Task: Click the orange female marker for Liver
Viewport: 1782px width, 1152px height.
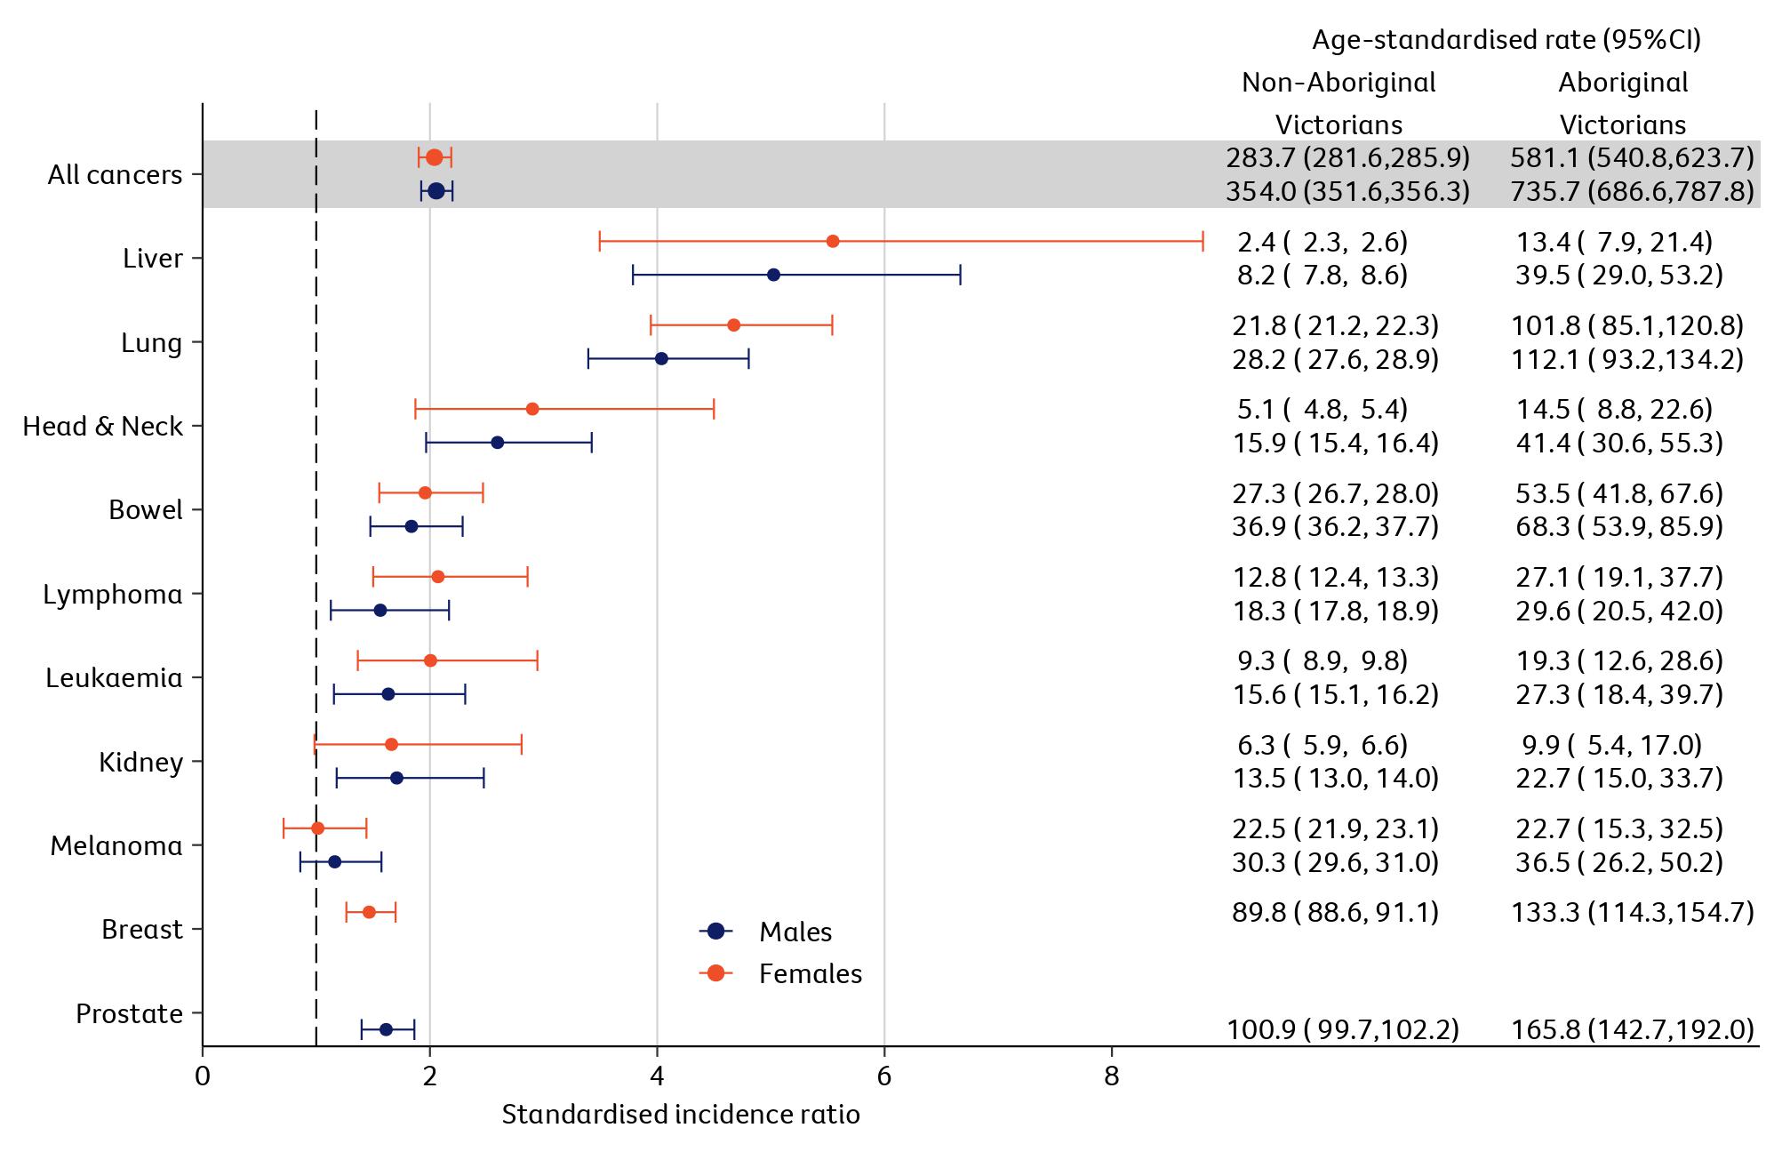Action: click(x=833, y=242)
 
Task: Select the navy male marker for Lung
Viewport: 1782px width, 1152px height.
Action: click(x=661, y=359)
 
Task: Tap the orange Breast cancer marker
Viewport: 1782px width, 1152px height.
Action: click(x=369, y=912)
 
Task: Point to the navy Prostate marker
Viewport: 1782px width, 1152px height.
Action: click(x=386, y=1029)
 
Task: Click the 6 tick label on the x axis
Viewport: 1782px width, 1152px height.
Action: click(x=884, y=1076)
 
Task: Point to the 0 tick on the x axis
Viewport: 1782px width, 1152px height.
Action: click(x=203, y=1076)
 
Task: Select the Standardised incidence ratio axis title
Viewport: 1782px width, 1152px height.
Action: click(x=681, y=1115)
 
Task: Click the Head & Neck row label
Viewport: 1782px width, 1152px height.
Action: click(x=102, y=427)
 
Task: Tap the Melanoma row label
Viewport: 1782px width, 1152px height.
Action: click(x=116, y=845)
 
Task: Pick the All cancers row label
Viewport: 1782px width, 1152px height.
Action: click(x=115, y=175)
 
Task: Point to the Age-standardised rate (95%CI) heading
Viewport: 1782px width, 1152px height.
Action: click(x=1506, y=40)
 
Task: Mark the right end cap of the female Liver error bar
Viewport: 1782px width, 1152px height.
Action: click(x=1203, y=242)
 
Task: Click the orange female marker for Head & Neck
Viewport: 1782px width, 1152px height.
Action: click(x=532, y=409)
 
